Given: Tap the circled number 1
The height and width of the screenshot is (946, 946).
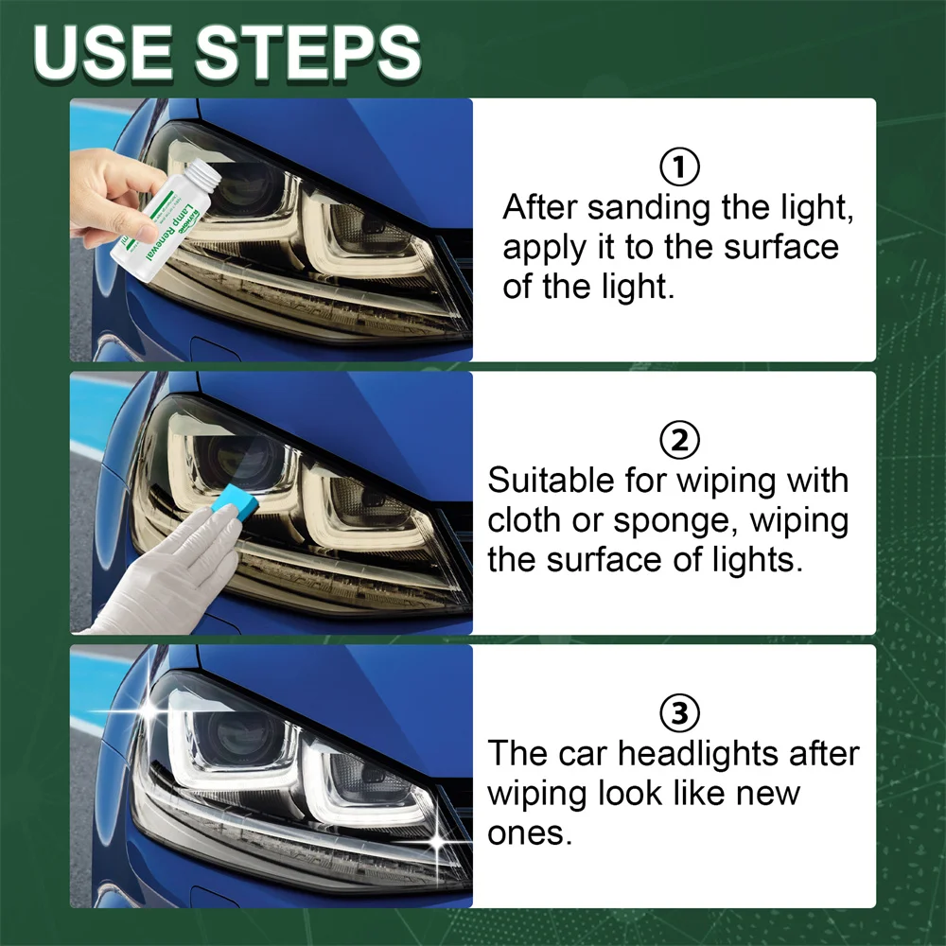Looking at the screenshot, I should tap(678, 168).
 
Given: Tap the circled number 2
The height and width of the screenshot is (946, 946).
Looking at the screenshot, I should tap(678, 440).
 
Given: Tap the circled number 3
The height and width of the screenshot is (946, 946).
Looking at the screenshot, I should tap(678, 712).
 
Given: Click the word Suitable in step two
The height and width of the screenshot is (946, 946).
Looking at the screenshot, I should tap(551, 480).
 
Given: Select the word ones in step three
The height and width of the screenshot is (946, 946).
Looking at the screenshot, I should tap(530, 833).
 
